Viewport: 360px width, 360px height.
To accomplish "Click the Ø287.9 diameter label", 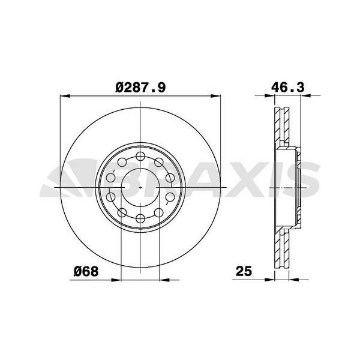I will coord(140,88).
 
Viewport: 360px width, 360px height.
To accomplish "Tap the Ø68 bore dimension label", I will coord(86,271).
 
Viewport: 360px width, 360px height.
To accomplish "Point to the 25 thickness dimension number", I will coord(242,271).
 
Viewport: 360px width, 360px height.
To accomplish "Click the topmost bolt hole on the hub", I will coord(140,157).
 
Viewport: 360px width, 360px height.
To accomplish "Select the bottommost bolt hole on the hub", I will coord(140,218).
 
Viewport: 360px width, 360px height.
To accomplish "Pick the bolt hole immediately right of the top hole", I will coord(158,163).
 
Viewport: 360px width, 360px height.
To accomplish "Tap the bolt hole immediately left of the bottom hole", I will coord(122,212).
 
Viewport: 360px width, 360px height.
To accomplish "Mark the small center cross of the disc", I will coord(140,188).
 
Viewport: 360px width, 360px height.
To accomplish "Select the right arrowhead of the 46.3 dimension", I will coord(301,95).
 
